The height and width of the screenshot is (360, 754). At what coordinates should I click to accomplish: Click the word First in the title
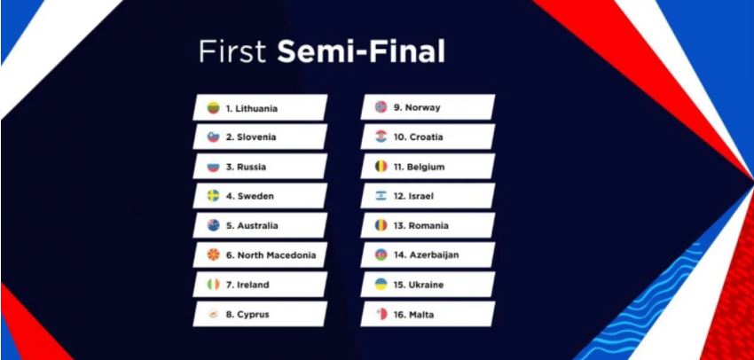pos(232,52)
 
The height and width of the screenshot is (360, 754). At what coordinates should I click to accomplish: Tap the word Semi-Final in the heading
pos(361,52)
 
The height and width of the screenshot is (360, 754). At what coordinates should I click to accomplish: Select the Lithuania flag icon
pos(214,107)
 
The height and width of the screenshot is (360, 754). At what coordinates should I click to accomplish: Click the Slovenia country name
pos(256,137)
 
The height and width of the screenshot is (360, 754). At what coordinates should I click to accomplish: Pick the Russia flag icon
pos(214,167)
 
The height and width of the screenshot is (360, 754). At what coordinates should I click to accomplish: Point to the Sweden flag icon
pos(214,196)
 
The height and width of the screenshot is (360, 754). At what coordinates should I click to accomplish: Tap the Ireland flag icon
pos(214,285)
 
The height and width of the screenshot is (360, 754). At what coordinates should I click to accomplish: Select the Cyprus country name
pos(253,315)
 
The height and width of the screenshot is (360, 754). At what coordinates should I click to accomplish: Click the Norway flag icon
pos(381,106)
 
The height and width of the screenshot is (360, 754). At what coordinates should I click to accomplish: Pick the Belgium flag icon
pos(381,167)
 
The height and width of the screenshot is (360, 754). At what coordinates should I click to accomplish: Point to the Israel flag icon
pos(381,196)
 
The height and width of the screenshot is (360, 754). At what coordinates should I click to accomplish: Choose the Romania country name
pos(428,225)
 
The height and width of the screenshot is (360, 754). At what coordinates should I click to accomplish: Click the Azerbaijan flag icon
pos(381,254)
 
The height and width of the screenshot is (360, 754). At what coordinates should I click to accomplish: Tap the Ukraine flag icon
pos(381,284)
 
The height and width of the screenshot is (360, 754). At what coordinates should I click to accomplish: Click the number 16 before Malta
pos(399,315)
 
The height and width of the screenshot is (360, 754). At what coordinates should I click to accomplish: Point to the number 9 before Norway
pos(397,107)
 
